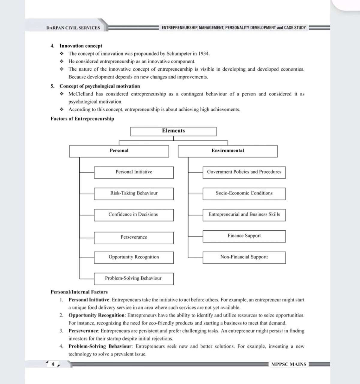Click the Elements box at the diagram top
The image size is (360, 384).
[173, 131]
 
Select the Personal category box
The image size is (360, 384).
[119, 151]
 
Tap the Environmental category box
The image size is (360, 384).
[228, 151]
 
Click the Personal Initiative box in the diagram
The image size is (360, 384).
[134, 172]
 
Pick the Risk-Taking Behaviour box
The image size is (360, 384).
[134, 193]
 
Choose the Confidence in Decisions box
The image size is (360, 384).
[134, 215]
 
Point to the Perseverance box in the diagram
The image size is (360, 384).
[134, 237]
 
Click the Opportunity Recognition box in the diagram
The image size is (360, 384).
[134, 257]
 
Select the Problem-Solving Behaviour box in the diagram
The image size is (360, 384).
[134, 278]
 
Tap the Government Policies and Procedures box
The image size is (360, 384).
[244, 172]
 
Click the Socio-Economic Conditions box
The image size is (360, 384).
[244, 193]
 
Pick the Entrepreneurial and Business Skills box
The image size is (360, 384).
[244, 215]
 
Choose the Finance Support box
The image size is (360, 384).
[244, 236]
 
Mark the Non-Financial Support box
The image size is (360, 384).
[244, 257]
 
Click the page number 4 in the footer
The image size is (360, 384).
[53, 364]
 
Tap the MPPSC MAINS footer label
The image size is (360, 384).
[289, 364]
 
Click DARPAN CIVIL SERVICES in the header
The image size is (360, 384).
[73, 28]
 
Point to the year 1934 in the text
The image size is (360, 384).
[204, 54]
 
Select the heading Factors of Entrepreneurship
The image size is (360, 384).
[82, 119]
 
